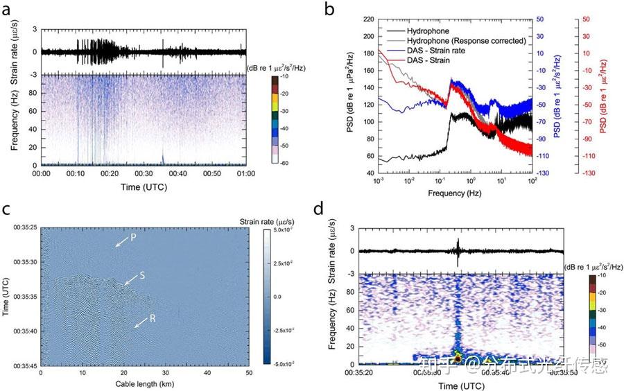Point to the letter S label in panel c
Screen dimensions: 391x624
pyautogui.click(x=141, y=276)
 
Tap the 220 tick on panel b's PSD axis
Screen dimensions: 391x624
pyautogui.click(x=368, y=19)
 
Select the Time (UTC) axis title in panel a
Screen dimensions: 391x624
pyautogui.click(x=144, y=187)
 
